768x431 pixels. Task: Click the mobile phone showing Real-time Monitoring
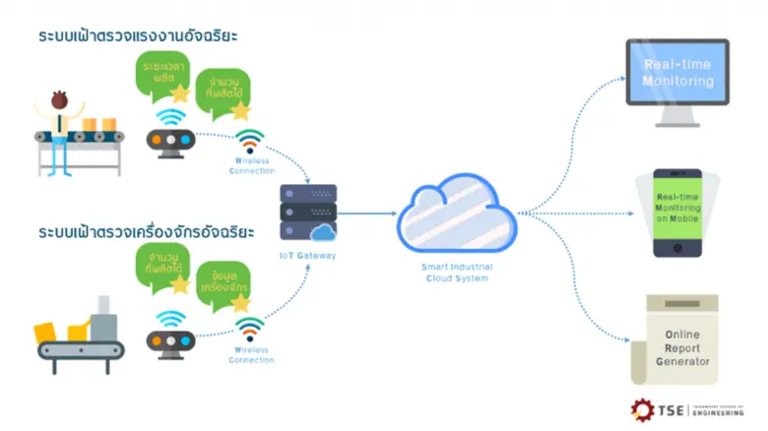pos(677,212)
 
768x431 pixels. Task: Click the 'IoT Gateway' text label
pos(308,256)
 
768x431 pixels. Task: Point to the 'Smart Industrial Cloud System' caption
pos(457,272)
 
